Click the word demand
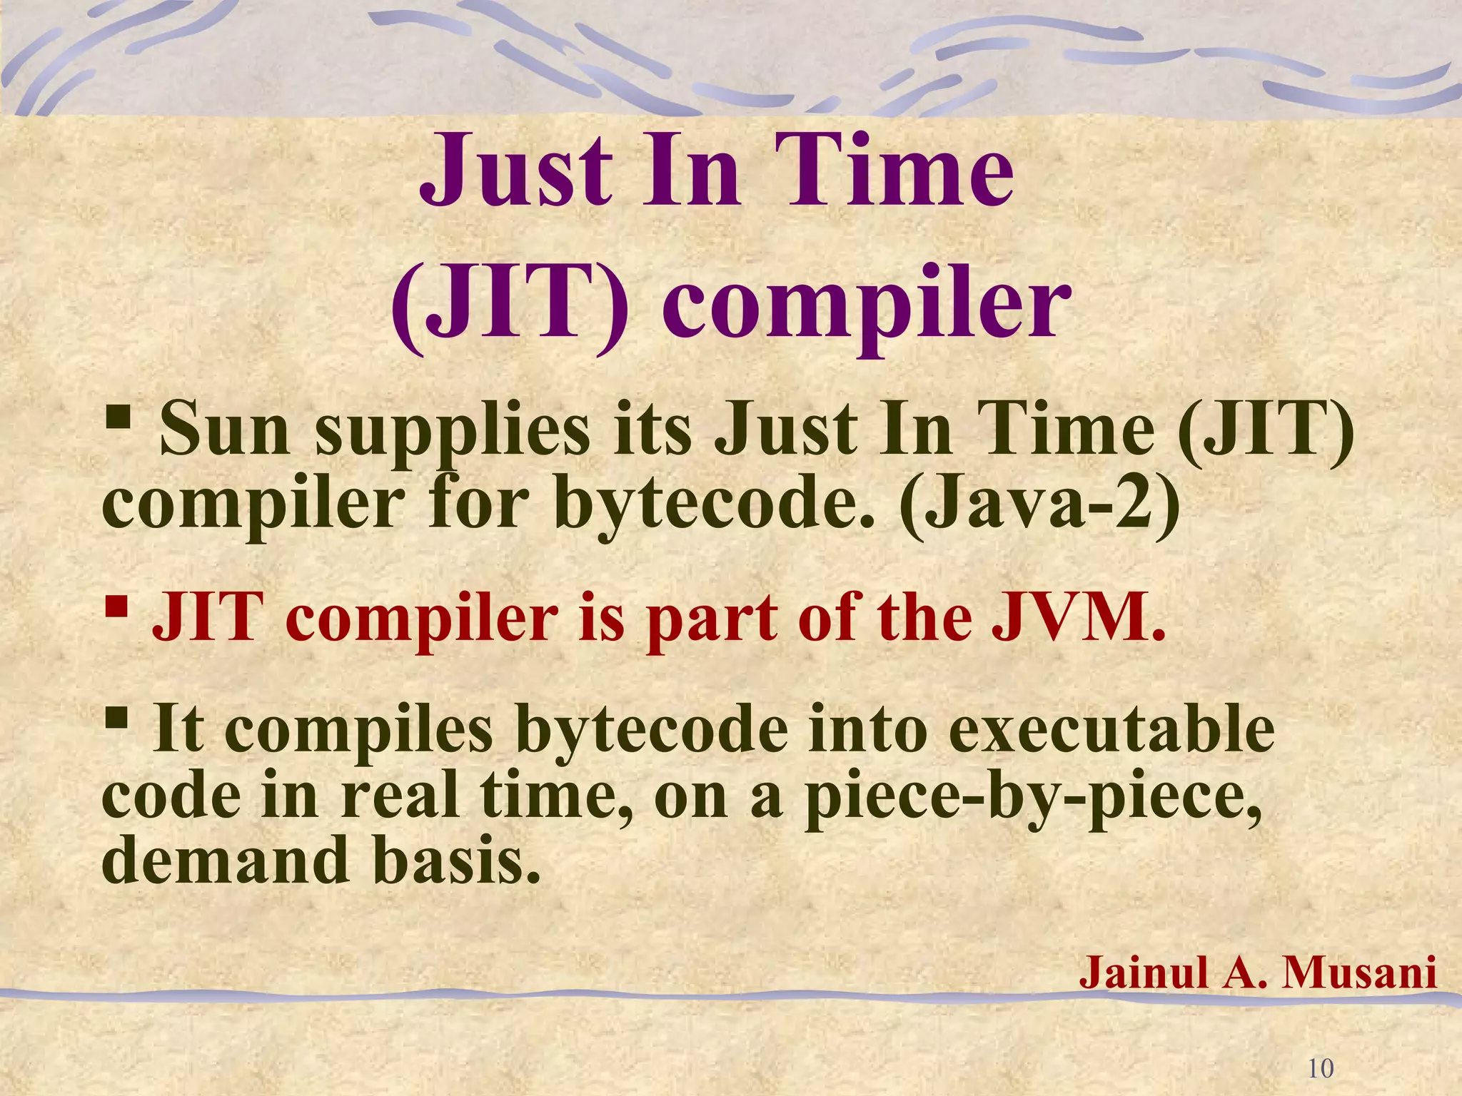coord(226,861)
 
